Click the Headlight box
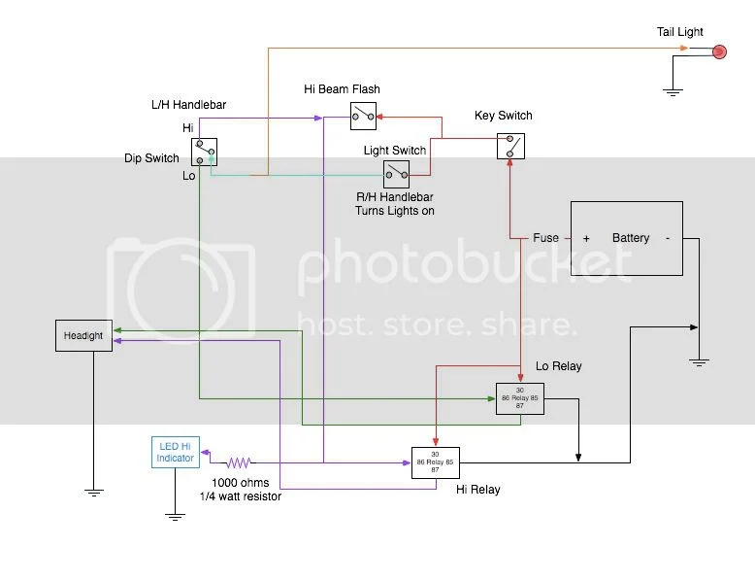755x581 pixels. click(x=83, y=335)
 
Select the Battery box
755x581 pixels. click(x=626, y=238)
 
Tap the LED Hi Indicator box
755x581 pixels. click(x=175, y=452)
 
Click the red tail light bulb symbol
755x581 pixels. click(x=720, y=51)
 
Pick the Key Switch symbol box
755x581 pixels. click(x=510, y=146)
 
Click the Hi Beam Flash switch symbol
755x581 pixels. click(x=364, y=118)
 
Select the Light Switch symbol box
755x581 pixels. click(x=395, y=174)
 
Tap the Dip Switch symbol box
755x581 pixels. click(x=204, y=152)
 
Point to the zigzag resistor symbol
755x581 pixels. click(x=240, y=462)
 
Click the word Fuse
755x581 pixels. click(x=546, y=238)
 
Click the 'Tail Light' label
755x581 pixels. click(x=679, y=32)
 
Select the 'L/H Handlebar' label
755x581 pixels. click(x=190, y=105)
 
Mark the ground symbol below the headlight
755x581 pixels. click(x=93, y=492)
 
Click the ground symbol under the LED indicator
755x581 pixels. click(x=175, y=516)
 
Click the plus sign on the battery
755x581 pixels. click(x=586, y=238)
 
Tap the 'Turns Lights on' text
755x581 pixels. click(x=396, y=210)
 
